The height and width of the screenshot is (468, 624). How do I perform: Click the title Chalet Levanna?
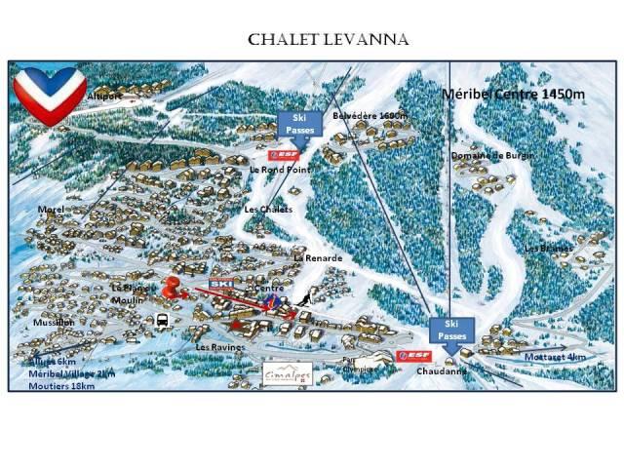coord(313,39)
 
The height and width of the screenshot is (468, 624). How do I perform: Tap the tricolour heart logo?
coord(48,96)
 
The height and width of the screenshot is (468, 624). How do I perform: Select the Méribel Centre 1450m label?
coord(512,95)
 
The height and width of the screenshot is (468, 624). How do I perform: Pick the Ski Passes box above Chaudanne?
coord(449,329)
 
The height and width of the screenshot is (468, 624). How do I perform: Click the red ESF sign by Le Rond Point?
coord(284,154)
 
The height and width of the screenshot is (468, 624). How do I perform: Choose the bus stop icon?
coord(165,319)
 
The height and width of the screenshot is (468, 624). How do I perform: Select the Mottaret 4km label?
coord(556,356)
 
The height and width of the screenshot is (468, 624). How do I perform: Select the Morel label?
coord(50,209)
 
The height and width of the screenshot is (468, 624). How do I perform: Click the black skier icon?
coord(305,298)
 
